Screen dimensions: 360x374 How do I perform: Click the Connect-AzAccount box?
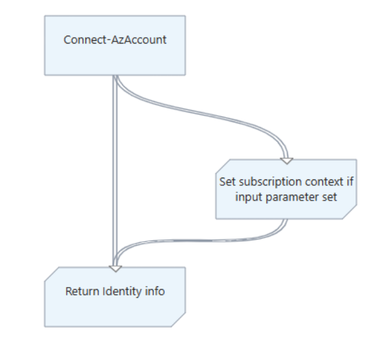tap(115, 45)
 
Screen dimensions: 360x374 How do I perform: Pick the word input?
tap(248, 196)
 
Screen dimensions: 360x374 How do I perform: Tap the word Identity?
tap(124, 292)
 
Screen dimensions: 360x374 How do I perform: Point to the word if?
tap(348, 182)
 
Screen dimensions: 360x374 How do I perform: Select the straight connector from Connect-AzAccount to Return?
tap(115, 170)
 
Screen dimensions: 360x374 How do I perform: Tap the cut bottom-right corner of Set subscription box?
tap(351, 214)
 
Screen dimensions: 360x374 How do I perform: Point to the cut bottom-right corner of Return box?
tap(181, 322)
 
